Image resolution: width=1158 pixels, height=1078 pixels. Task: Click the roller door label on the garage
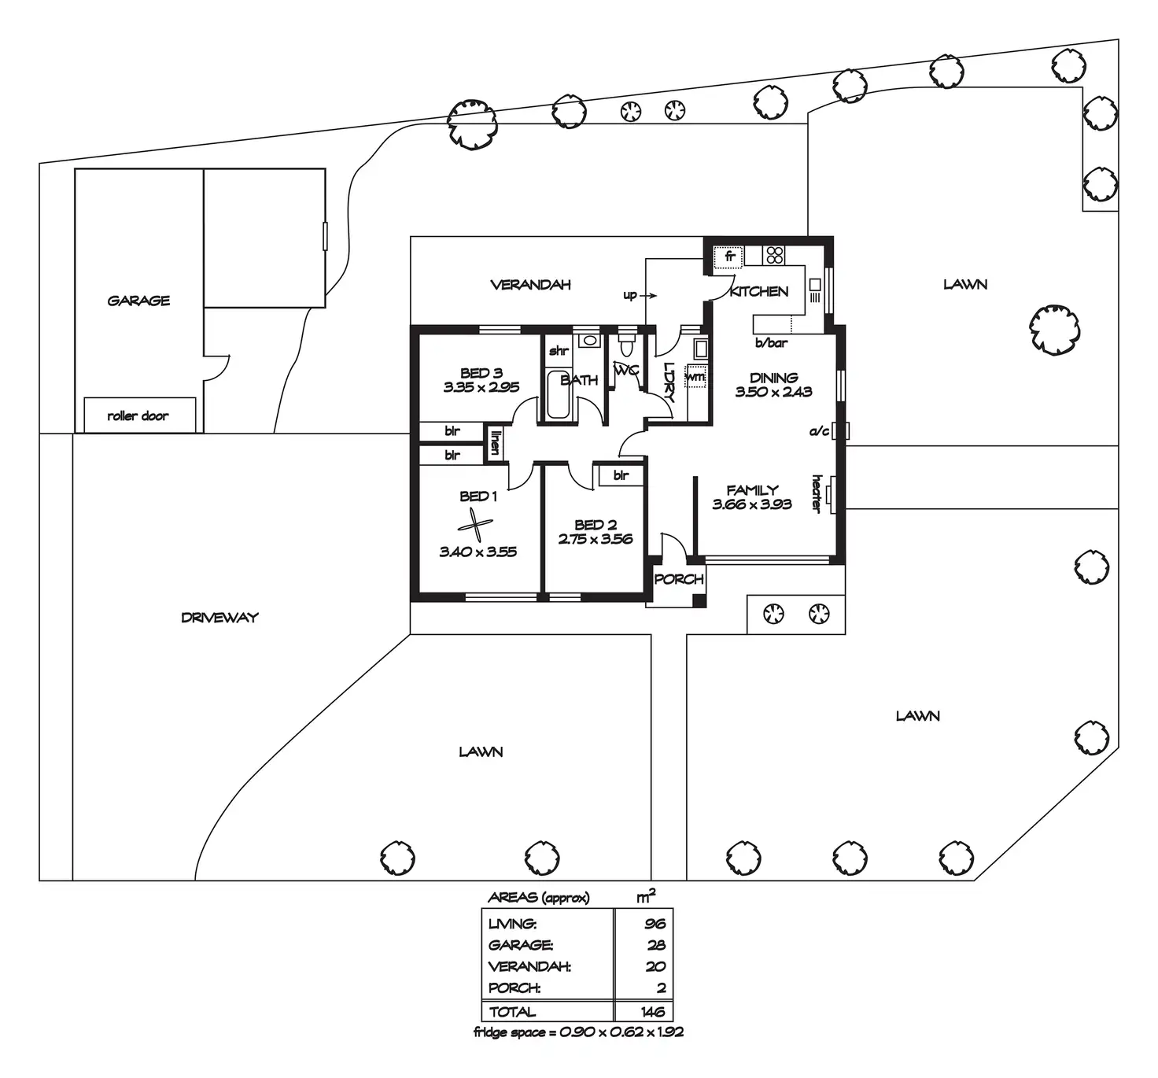(138, 415)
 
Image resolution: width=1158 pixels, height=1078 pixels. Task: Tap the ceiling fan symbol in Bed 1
(475, 525)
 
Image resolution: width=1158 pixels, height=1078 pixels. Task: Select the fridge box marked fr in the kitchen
(729, 257)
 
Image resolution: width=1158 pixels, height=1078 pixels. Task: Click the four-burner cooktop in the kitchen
(774, 255)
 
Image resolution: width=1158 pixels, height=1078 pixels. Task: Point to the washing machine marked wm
(695, 378)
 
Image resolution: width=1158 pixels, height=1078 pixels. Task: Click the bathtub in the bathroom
(558, 393)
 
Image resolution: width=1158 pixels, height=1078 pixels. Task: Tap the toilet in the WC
(626, 345)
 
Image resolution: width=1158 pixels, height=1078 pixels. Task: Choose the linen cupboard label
(495, 442)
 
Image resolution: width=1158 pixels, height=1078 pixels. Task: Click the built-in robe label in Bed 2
(621, 475)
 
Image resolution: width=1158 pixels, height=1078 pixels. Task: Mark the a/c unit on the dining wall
(842, 430)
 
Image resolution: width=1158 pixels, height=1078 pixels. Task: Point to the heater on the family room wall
(832, 493)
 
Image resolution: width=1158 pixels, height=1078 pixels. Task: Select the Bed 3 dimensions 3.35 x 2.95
(481, 387)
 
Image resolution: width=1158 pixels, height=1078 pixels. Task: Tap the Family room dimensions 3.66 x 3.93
(751, 504)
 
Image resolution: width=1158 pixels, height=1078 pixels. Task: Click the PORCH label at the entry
(678, 579)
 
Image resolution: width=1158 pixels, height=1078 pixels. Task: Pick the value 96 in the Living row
(655, 924)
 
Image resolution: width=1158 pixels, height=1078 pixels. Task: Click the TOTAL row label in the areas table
(512, 1012)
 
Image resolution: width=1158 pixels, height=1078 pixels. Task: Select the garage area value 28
(655, 945)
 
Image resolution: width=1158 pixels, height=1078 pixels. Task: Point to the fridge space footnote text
(578, 1032)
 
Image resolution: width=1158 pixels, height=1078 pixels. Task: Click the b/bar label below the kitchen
(771, 343)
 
